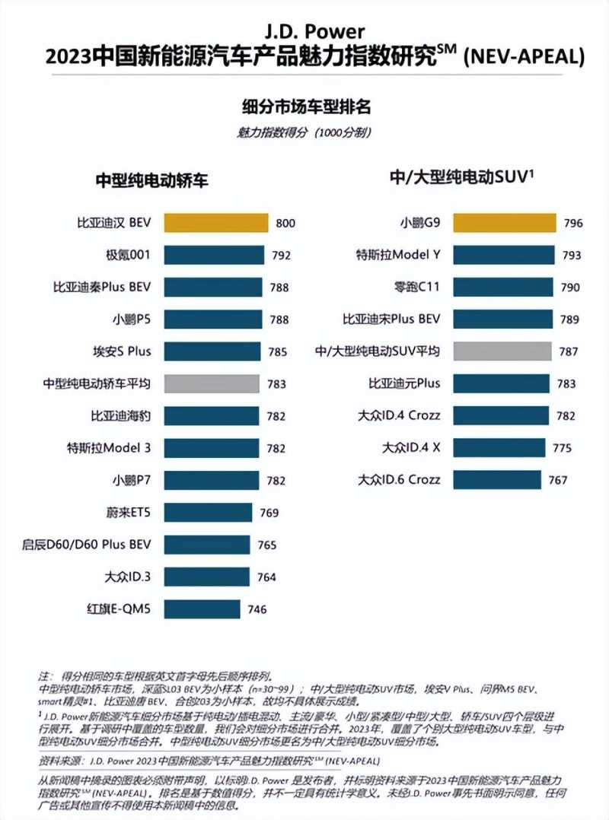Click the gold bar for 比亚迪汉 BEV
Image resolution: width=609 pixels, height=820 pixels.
pos(215,223)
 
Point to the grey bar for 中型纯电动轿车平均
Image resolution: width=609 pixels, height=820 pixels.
pos(213,383)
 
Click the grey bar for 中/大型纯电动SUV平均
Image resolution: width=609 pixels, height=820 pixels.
pos(502,351)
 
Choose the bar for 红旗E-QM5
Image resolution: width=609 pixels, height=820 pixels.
pos(202,609)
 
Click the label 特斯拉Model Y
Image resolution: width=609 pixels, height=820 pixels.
pos(398,255)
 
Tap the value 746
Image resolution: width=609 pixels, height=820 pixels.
pos(256,609)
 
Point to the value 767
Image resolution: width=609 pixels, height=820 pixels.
pos(557,481)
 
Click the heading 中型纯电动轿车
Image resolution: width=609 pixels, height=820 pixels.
pos(151,180)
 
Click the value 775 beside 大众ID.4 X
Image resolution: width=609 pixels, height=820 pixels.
pos(562,448)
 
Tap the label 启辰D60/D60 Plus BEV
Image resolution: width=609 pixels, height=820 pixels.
pos(87,545)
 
